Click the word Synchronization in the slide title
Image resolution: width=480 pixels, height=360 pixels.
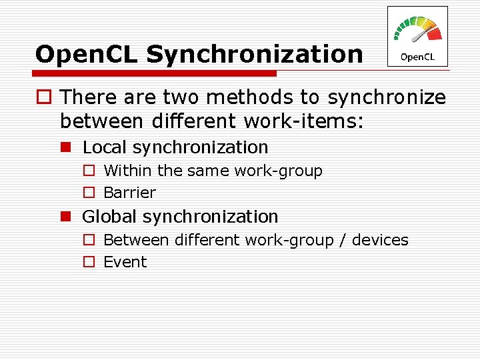[x=255, y=55]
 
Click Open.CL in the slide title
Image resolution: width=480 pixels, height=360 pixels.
[x=87, y=55]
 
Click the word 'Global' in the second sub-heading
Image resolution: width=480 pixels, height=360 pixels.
[x=109, y=217]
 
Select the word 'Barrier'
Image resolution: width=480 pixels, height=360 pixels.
[x=129, y=193]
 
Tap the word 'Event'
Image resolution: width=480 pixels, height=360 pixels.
[x=125, y=262]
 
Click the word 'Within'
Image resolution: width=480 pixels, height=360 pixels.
[x=128, y=171]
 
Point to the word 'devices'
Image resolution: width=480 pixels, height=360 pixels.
[x=379, y=240]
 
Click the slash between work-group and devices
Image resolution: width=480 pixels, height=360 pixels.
[x=341, y=240]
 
